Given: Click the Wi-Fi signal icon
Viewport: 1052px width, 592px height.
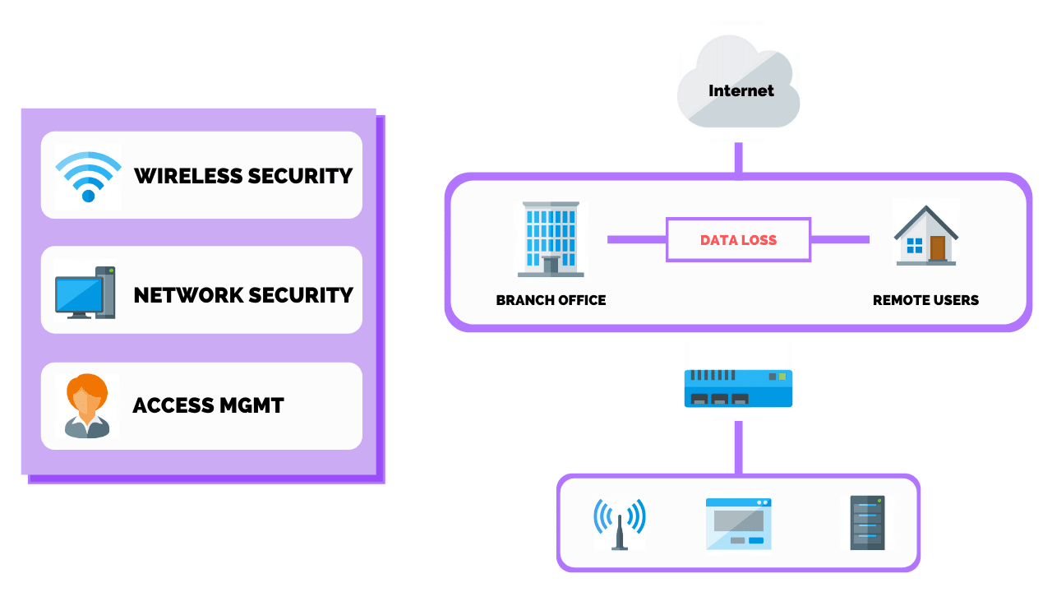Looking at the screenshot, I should pyautogui.click(x=88, y=176).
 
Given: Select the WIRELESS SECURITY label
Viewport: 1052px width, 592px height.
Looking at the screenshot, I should pyautogui.click(x=243, y=176).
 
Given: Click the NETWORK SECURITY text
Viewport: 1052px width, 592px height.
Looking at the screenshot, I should pyautogui.click(x=243, y=294).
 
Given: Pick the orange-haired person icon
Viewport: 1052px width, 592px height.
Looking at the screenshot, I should pyautogui.click(x=87, y=405).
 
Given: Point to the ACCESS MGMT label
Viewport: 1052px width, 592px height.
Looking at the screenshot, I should pyautogui.click(x=208, y=405).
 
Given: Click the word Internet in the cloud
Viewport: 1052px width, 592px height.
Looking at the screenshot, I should pyautogui.click(x=741, y=90).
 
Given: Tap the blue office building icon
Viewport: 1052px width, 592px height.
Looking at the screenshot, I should pyautogui.click(x=551, y=238).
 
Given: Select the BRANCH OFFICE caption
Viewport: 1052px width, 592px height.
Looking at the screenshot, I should pyautogui.click(x=551, y=300).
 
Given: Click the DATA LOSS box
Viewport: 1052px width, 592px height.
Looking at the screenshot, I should pyautogui.click(x=738, y=240).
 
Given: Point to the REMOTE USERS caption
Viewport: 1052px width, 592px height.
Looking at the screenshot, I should pyautogui.click(x=925, y=300).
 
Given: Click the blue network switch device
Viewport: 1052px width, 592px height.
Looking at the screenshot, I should pyautogui.click(x=738, y=388).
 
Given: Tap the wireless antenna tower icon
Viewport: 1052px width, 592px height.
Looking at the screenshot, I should pyautogui.click(x=620, y=524).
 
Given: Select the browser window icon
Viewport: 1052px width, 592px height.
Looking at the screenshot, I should pyautogui.click(x=738, y=524).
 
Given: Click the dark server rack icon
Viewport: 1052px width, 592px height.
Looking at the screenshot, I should pyautogui.click(x=868, y=523).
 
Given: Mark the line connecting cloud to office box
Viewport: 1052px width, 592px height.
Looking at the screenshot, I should pyautogui.click(x=738, y=158).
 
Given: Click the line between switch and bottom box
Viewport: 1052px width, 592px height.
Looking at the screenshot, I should pyautogui.click(x=738, y=448).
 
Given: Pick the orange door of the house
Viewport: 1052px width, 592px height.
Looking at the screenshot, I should pyautogui.click(x=937, y=247).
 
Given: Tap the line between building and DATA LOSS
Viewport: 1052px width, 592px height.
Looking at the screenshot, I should pyautogui.click(x=636, y=239).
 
